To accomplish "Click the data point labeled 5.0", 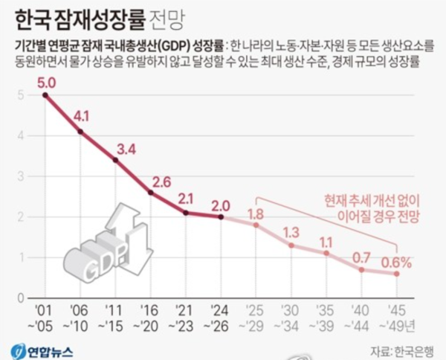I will tap(45, 94).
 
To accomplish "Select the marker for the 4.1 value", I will tap(80, 132).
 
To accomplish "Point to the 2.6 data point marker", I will tap(151, 193).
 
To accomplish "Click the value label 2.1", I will tap(187, 198).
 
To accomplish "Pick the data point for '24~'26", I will tap(221, 216).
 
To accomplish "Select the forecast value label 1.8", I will tap(256, 215).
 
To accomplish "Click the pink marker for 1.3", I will tap(291, 245).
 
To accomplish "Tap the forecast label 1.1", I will tap(326, 241).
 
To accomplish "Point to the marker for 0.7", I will tap(361, 269).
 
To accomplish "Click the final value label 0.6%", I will tap(397, 261).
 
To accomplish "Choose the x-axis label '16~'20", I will tap(150, 317).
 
